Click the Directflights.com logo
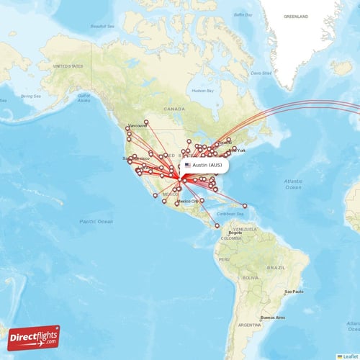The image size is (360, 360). tap(34, 336)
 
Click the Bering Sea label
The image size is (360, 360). tap(31, 96)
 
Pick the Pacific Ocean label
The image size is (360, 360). tap(96, 221)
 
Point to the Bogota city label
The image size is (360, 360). tap(235, 233)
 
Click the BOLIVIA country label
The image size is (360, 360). tap(251, 277)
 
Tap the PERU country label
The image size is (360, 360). tap(224, 258)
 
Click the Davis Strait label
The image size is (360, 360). tap(261, 72)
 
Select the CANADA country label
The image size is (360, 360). tap(174, 108)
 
